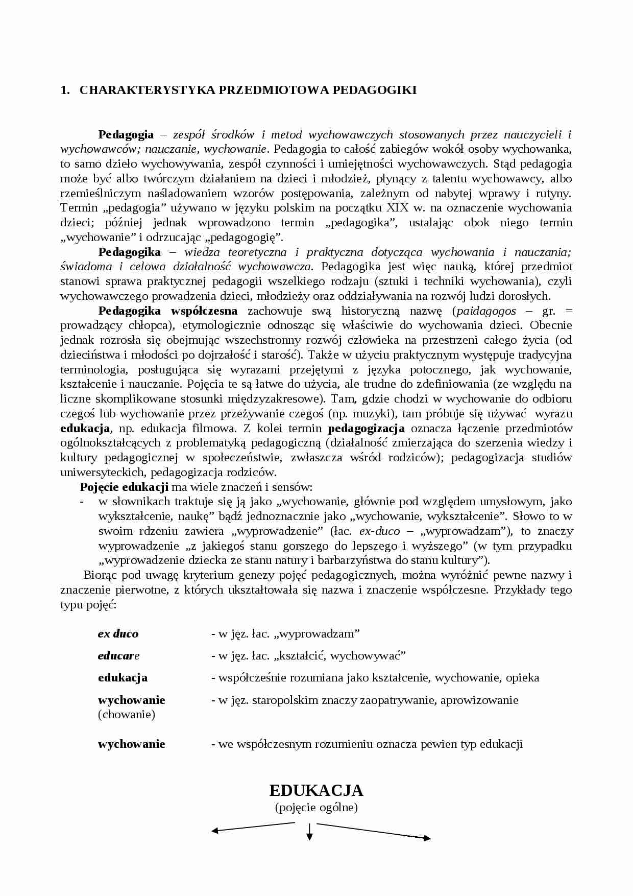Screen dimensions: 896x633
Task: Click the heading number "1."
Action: click(64, 90)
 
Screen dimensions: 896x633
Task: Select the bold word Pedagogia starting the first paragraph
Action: click(126, 135)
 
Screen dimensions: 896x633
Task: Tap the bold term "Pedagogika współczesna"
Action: click(167, 311)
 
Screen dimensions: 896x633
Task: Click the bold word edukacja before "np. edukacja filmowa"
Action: click(85, 429)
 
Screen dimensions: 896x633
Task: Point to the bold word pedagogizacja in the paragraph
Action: click(366, 429)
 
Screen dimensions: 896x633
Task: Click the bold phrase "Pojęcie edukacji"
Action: click(124, 487)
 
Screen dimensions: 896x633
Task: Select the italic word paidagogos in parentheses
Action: click(486, 311)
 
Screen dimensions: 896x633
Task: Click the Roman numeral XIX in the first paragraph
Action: click(398, 208)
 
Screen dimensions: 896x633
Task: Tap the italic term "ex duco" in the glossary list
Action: click(118, 634)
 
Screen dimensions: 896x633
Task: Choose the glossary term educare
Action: click(118, 656)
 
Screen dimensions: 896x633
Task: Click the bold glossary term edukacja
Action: click(123, 678)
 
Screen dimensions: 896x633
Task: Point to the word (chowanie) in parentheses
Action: click(126, 715)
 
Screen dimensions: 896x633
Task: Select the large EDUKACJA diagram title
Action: click(316, 790)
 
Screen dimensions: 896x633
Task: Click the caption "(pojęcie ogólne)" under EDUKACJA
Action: click(316, 808)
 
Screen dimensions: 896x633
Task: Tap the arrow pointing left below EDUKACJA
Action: click(253, 827)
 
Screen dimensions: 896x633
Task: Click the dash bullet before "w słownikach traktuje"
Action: click(82, 502)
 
